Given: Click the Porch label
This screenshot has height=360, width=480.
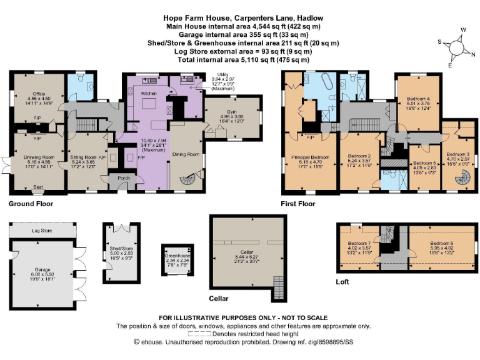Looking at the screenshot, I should tap(119, 178).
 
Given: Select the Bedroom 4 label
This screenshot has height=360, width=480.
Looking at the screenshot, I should tap(419, 99).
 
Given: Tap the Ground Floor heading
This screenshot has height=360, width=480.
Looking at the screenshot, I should tap(31, 204).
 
